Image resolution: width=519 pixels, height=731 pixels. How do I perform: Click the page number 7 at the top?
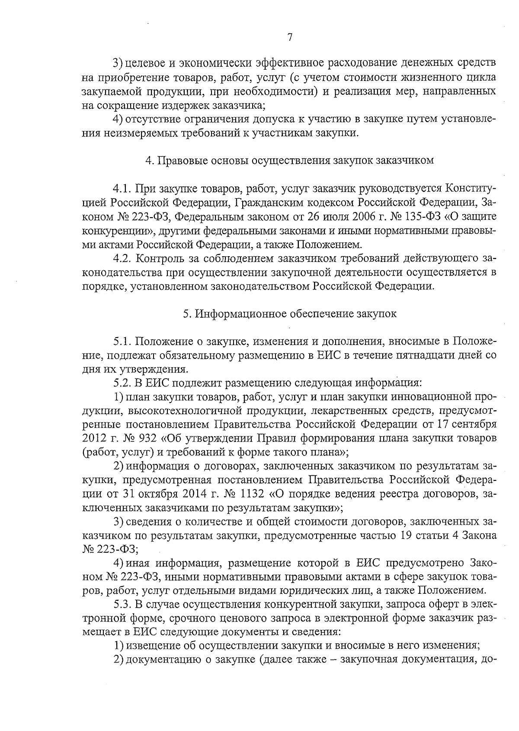[290, 37]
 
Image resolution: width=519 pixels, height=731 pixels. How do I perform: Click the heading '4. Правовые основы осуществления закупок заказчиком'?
[289, 161]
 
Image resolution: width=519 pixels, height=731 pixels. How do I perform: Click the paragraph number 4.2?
[122, 259]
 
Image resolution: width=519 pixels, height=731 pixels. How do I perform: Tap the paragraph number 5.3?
[122, 604]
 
